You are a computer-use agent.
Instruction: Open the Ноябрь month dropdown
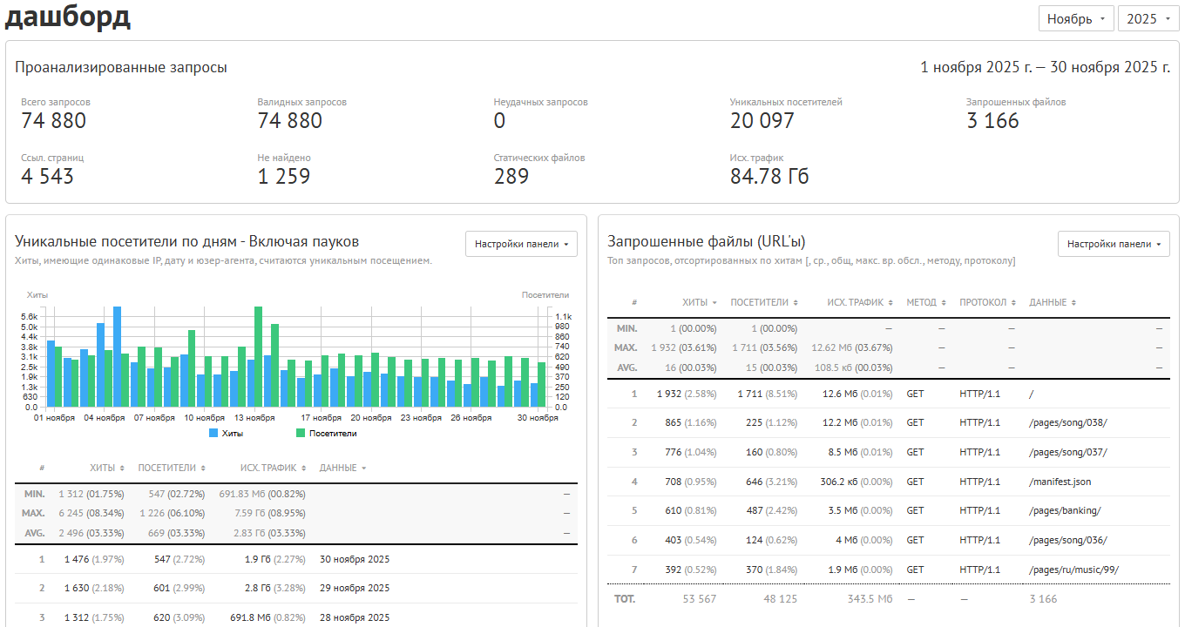1076,19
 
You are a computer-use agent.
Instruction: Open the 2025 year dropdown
1148,19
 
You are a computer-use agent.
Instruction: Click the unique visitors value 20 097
762,121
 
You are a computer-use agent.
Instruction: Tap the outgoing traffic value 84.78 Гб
769,177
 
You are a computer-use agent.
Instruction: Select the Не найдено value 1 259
283,177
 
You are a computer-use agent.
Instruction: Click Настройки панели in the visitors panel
521,244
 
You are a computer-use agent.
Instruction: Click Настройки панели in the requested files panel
1114,244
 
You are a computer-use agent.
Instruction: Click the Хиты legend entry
227,433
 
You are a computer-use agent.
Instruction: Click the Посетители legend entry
327,433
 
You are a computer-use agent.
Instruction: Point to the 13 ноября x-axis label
254,418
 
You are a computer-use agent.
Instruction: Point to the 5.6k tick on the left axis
29,317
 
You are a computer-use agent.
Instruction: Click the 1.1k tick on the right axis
564,317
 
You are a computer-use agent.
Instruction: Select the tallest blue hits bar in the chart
118,357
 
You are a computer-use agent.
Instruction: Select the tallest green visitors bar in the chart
258,357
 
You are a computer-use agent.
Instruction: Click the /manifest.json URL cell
1060,482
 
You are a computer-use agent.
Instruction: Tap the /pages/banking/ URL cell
1065,510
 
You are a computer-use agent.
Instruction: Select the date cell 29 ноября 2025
355,588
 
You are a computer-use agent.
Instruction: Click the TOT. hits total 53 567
700,599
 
